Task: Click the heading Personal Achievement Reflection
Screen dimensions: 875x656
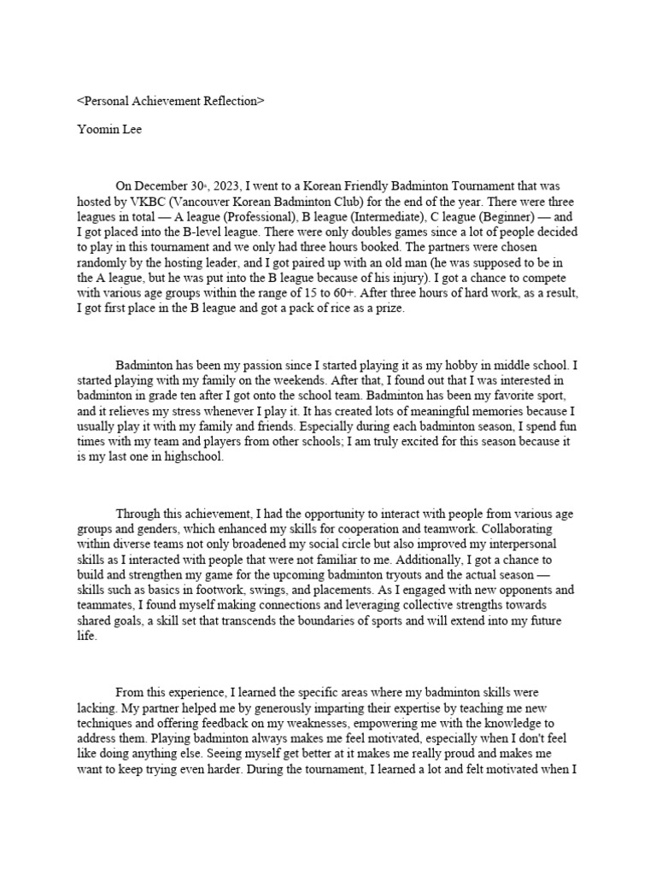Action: tap(171, 101)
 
